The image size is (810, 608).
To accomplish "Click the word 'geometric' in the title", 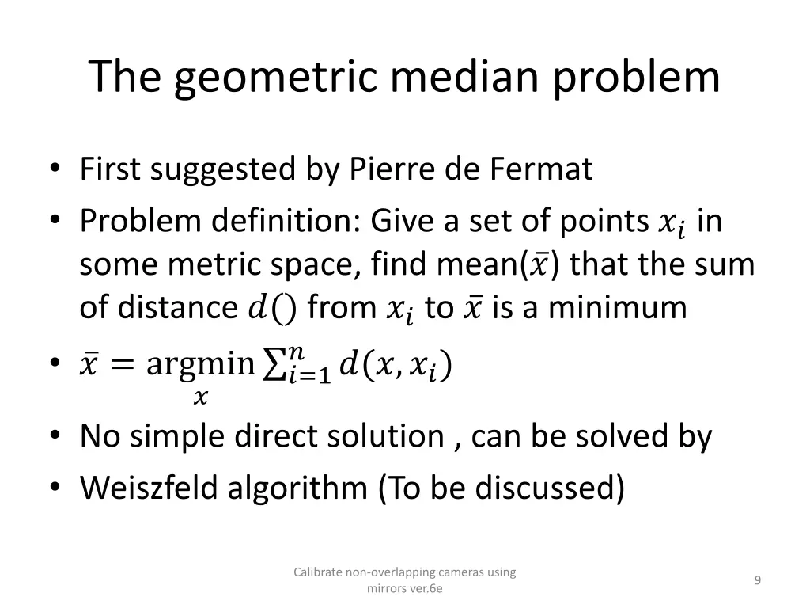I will pos(287,78).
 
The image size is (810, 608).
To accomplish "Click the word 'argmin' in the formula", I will pos(201,365).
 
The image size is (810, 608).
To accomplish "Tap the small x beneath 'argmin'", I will pos(201,397).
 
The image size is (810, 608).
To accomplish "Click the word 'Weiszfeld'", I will pos(150,488).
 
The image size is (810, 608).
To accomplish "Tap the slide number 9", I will pos(758,581).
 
